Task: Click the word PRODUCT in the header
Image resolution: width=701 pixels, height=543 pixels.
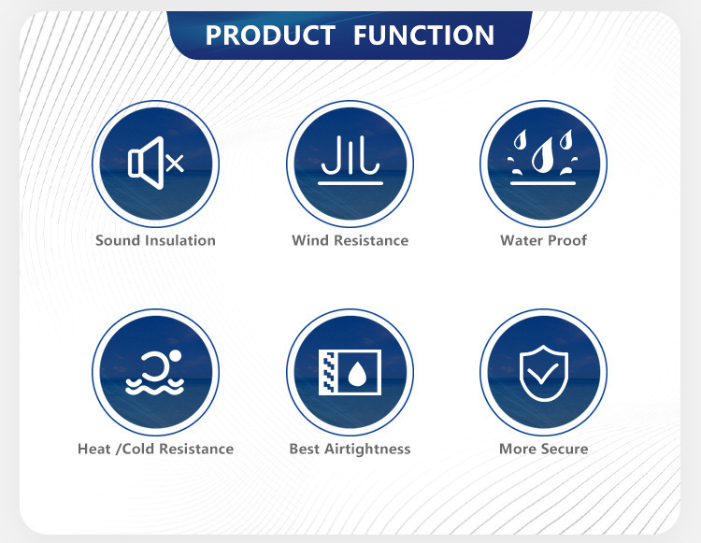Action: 270,35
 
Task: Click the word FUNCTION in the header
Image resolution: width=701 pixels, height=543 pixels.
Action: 423,35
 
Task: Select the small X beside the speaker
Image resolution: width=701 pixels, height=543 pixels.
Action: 175,164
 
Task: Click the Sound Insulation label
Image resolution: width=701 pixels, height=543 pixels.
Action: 155,240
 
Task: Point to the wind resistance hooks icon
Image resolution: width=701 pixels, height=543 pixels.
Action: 350,155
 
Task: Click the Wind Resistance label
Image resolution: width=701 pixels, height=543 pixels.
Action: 350,240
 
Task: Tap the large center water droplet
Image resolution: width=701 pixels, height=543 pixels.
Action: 542,155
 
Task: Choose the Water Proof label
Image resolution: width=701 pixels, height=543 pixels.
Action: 544,240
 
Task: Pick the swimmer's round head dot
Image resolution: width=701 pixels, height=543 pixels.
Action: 176,356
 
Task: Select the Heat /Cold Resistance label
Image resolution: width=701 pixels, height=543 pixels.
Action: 155,449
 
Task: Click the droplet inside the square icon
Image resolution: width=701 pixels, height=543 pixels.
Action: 357,374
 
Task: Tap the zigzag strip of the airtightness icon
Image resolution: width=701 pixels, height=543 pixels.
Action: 327,372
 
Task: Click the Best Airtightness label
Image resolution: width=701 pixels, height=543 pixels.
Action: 350,449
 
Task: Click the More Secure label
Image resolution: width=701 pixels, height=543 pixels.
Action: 544,449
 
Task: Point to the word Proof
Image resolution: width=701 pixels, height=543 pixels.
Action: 567,240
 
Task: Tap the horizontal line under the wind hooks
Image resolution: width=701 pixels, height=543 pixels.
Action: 350,183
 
